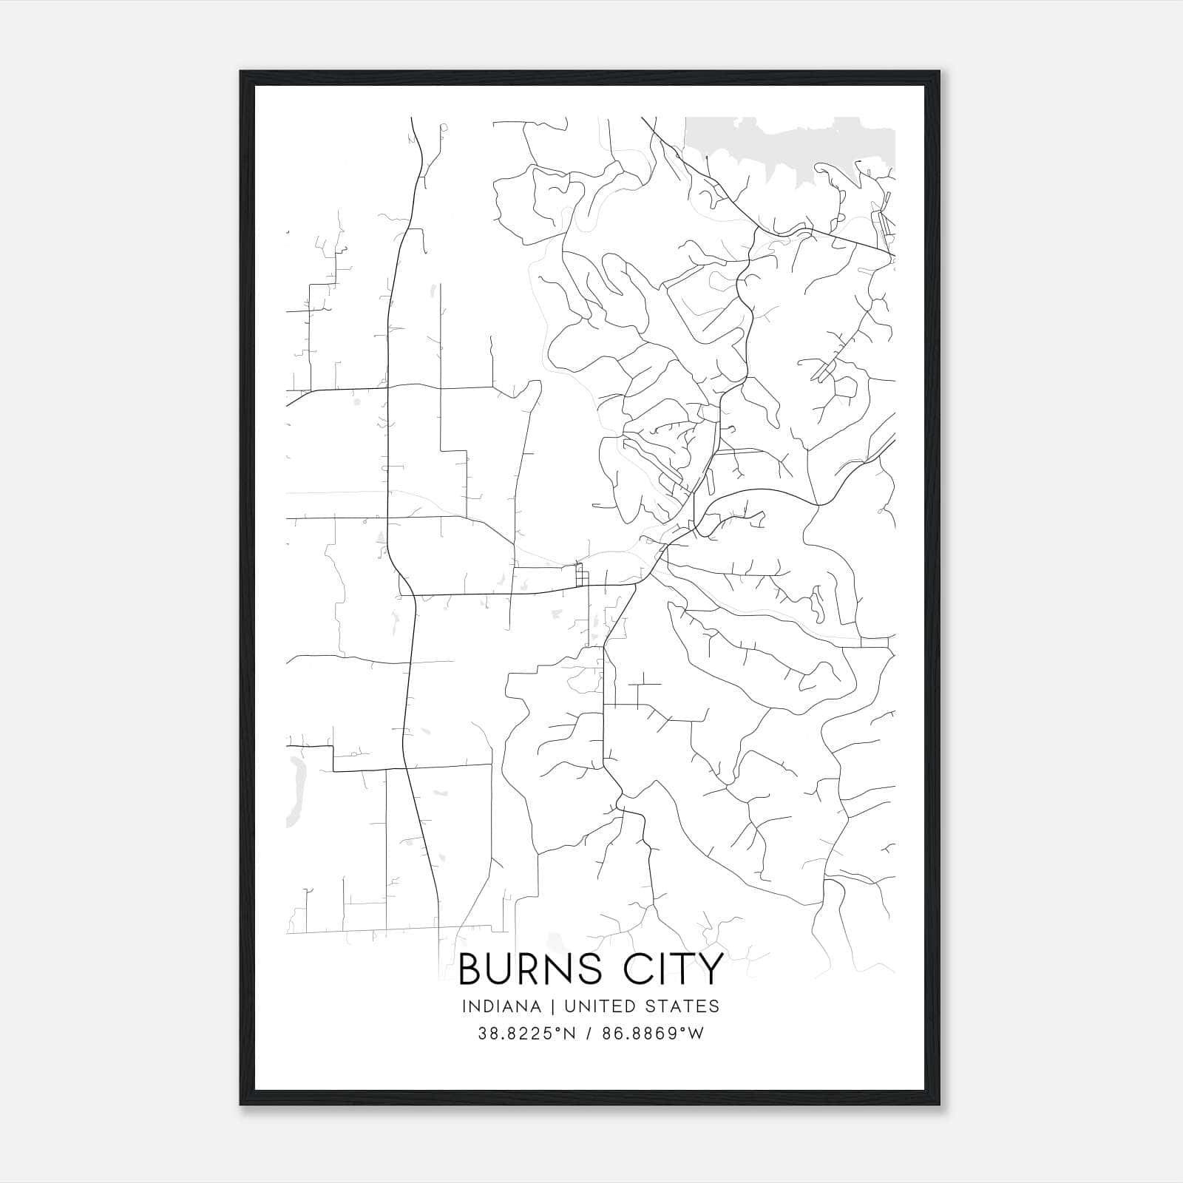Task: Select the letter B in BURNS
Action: point(472,969)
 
